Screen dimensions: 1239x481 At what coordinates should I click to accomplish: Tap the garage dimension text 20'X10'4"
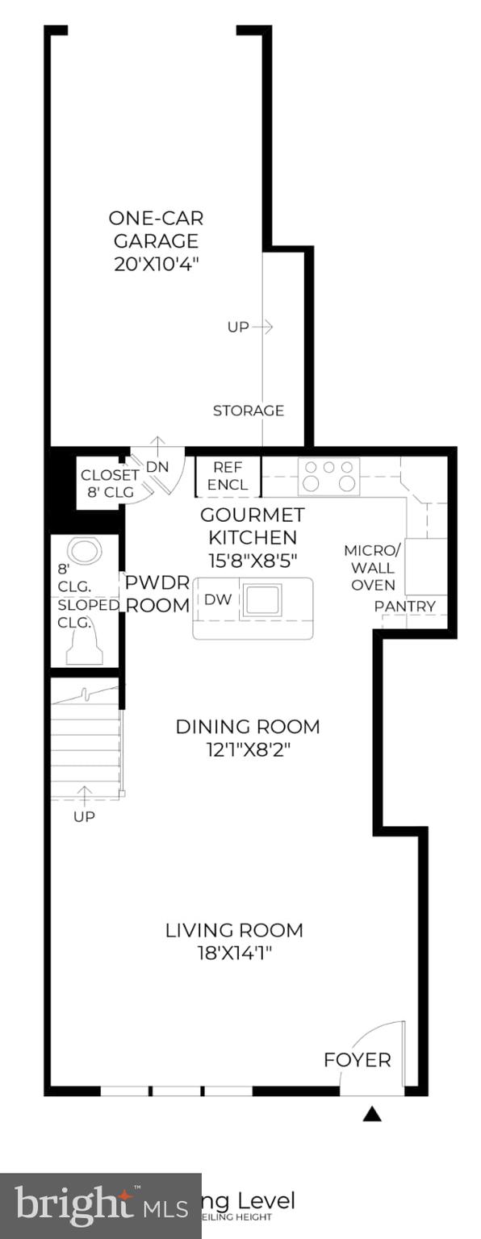click(156, 263)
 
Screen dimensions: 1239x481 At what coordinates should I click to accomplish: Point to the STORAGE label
click(248, 411)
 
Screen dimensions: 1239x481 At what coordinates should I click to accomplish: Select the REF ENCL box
click(229, 476)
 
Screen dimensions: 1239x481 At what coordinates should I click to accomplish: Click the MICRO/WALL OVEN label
click(370, 567)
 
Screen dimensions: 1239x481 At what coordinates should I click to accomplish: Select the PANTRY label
click(404, 606)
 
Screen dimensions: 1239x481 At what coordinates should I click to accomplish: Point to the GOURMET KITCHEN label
click(253, 525)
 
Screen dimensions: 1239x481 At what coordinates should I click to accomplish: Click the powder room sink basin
click(85, 552)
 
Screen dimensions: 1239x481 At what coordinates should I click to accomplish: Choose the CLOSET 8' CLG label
click(109, 483)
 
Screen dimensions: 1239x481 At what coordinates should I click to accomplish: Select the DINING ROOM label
click(248, 726)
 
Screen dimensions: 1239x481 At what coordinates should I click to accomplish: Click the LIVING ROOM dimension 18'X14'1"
click(234, 953)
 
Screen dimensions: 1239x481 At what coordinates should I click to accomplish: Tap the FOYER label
click(357, 1059)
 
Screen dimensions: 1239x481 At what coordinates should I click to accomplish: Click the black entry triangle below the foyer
click(371, 1114)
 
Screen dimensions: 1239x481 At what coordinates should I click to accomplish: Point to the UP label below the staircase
click(84, 816)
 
